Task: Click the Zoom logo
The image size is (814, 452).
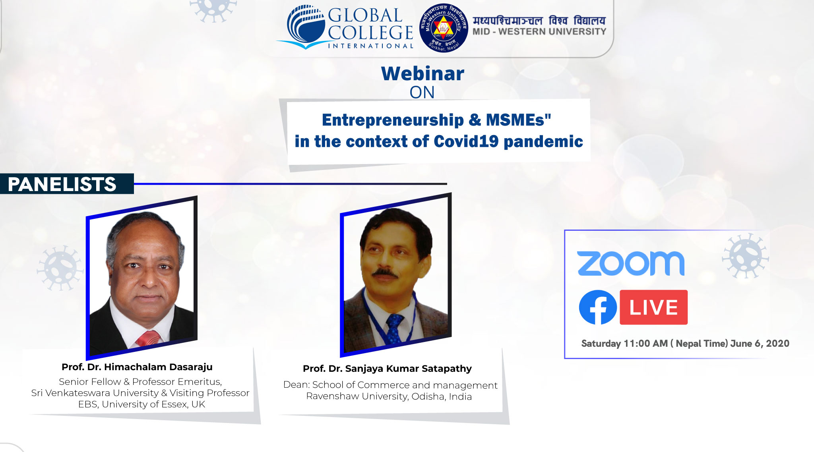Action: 631,263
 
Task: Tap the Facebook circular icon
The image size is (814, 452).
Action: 598,307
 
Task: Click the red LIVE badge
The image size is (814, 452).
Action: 654,307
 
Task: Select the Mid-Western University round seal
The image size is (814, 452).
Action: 444,28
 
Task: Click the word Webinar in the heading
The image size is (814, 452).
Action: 423,73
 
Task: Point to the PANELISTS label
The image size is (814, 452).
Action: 62,184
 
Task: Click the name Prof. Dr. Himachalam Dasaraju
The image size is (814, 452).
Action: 137,367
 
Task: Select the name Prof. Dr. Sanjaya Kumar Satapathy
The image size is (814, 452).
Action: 387,369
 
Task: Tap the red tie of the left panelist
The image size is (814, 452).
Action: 148,339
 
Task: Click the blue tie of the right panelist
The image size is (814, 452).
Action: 394,328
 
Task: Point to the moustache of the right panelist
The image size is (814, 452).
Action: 384,273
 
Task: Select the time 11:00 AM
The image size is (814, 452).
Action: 646,344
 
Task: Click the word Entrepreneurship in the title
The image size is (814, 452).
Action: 393,120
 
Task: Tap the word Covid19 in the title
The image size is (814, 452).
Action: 466,141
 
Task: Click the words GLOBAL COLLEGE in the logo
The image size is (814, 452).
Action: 370,24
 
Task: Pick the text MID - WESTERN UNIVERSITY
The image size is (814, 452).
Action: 539,31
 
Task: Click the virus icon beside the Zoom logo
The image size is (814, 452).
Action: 746,255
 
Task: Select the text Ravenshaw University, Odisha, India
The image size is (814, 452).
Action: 389,396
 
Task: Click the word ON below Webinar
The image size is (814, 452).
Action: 422,93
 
